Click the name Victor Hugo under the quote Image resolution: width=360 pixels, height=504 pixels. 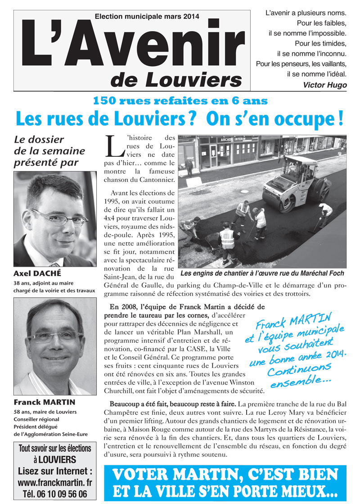click(x=325, y=85)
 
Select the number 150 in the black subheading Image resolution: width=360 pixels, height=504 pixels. click(x=106, y=101)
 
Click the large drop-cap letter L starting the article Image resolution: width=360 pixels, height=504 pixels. click(x=114, y=145)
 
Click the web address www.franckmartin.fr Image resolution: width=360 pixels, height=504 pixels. click(x=55, y=482)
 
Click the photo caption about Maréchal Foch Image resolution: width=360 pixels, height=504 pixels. click(x=262, y=273)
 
